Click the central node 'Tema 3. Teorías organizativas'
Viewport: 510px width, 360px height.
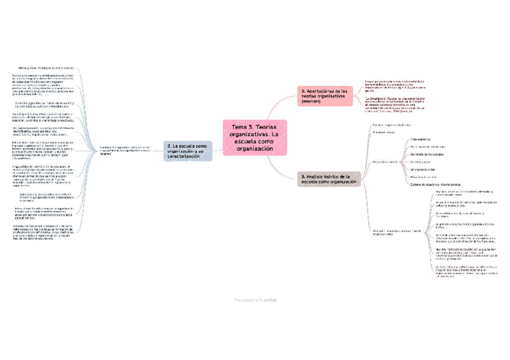coord(255,137)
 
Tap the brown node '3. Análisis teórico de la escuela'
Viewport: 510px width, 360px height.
coord(330,178)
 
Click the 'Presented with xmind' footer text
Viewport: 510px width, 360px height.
coord(255,299)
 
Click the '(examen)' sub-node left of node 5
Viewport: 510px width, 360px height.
coord(126,150)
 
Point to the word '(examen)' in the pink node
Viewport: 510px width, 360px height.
coord(313,102)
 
